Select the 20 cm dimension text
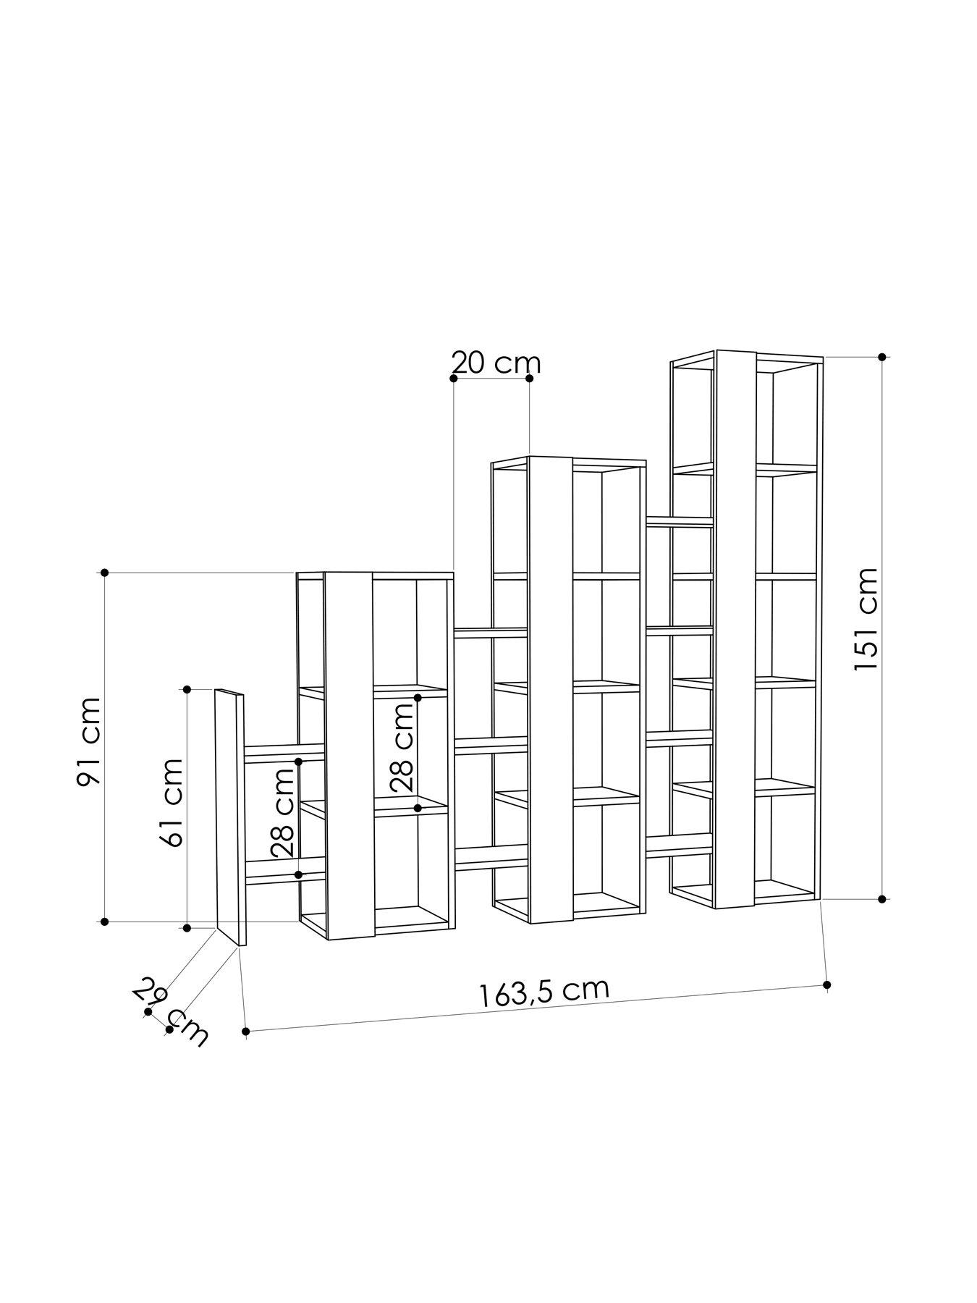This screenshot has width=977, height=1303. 496,362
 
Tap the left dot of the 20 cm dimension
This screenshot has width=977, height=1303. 454,378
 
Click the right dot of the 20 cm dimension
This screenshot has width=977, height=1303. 529,378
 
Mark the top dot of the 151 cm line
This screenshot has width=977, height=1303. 881,357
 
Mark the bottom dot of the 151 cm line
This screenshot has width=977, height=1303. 881,899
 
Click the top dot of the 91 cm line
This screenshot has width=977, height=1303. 105,573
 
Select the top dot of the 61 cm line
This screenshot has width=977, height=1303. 187,688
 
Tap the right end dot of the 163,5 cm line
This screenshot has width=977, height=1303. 827,985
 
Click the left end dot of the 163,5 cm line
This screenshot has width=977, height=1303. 246,1030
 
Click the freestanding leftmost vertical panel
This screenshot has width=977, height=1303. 230,814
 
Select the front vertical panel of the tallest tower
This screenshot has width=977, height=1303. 735,630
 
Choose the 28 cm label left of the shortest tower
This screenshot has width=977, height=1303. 284,812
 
